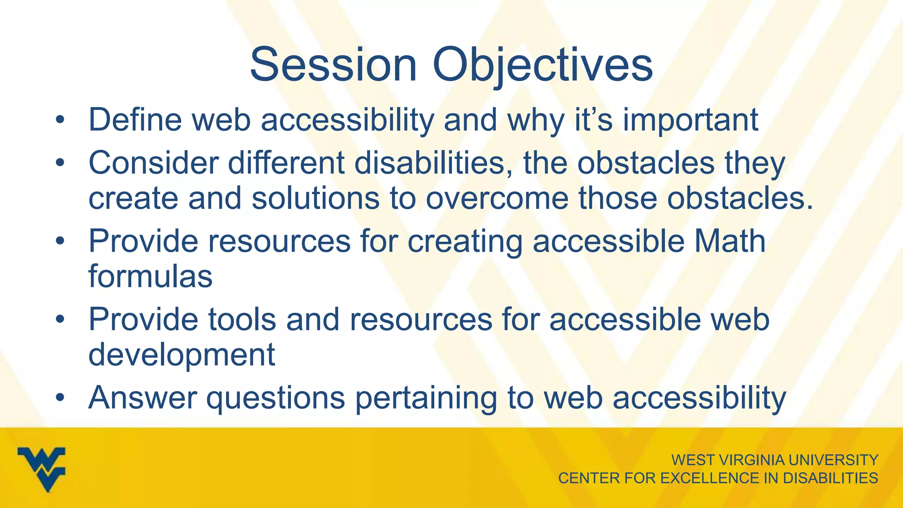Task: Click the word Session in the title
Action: [333, 65]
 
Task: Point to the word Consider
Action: [153, 163]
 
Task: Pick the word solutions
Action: [315, 198]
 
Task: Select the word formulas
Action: [150, 276]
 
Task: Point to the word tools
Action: [242, 319]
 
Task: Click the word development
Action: [182, 355]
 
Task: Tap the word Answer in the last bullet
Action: [142, 397]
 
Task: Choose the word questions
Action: [276, 398]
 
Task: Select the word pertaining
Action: [426, 398]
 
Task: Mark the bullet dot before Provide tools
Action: [60, 319]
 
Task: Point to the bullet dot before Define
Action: [60, 120]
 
